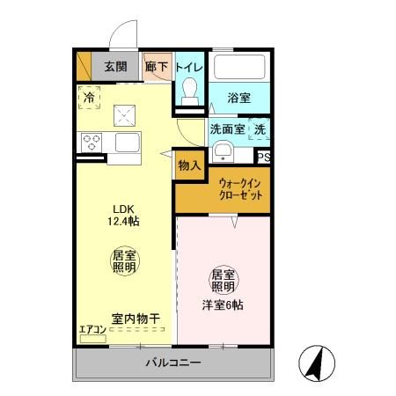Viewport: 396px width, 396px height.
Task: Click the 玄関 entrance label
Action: click(x=114, y=66)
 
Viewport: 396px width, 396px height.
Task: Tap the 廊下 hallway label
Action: click(x=156, y=66)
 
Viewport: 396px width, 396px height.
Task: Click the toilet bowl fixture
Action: click(x=189, y=91)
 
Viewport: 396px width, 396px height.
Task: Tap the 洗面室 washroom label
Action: click(x=228, y=129)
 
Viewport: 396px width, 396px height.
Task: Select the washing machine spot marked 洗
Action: click(x=260, y=128)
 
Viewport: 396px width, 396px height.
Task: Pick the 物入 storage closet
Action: click(x=189, y=165)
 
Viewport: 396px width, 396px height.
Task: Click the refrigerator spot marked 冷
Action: click(x=88, y=98)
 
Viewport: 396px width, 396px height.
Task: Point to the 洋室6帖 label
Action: click(x=223, y=304)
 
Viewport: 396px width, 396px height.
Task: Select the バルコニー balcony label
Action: click(x=173, y=363)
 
